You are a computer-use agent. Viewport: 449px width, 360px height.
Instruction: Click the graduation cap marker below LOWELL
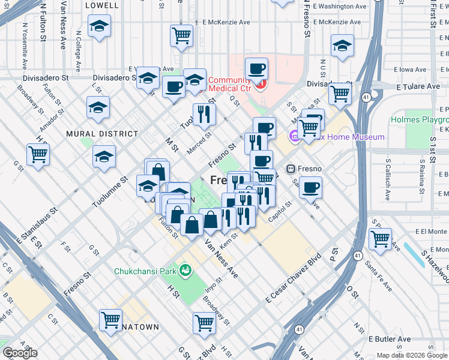99,26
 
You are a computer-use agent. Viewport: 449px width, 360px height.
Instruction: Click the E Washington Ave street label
339,7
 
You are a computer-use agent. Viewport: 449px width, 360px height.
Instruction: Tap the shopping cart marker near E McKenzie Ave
181,35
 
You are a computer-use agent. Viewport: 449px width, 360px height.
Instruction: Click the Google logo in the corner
20,353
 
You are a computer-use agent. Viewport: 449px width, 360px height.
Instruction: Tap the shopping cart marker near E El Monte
381,239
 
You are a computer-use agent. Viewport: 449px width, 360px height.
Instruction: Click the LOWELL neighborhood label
103,5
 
